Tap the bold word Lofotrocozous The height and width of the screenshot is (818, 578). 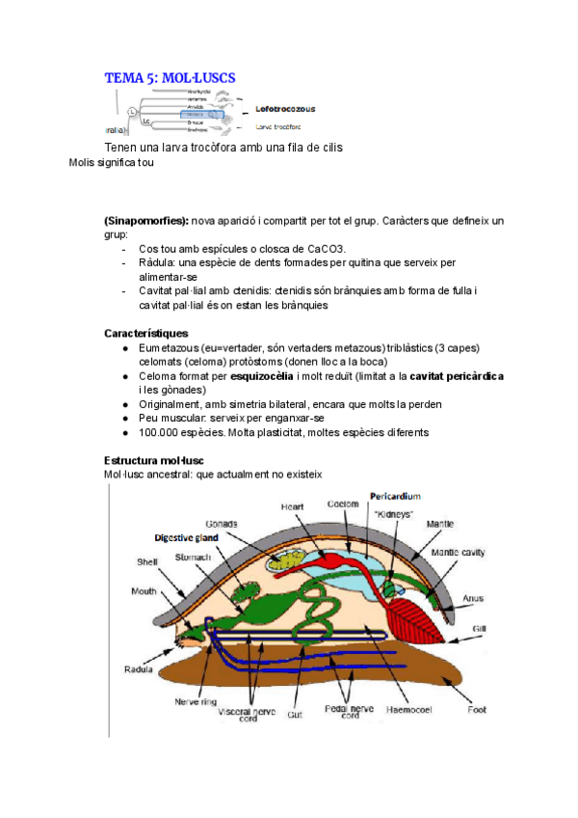[x=285, y=109]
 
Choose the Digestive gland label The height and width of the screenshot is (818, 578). [x=186, y=537]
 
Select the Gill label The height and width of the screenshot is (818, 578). [x=477, y=627]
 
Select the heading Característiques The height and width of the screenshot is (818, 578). [x=146, y=333]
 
